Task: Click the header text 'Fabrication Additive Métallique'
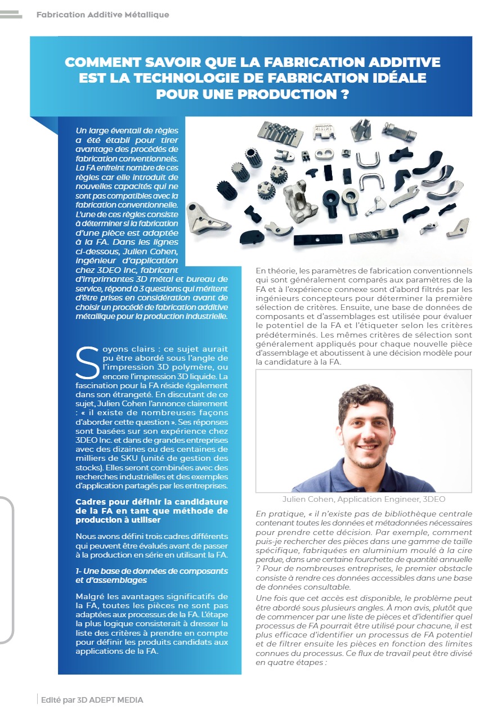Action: click(x=102, y=15)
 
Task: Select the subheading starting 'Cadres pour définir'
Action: click(x=152, y=510)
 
